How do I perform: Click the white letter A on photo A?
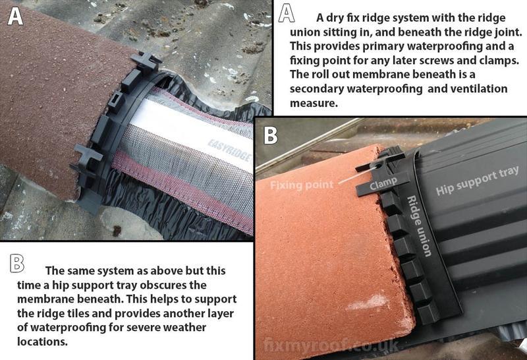tap(15, 16)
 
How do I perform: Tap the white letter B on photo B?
tap(271, 135)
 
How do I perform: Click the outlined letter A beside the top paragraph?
tap(287, 14)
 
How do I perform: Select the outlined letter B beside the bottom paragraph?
tap(17, 264)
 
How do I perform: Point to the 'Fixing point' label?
tap(302, 185)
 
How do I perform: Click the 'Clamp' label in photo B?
tap(383, 183)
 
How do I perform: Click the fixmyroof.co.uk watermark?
tap(331, 345)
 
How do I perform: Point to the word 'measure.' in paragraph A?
tap(314, 103)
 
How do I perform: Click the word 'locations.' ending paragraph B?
tap(42, 342)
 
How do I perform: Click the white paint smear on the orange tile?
tap(367, 302)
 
